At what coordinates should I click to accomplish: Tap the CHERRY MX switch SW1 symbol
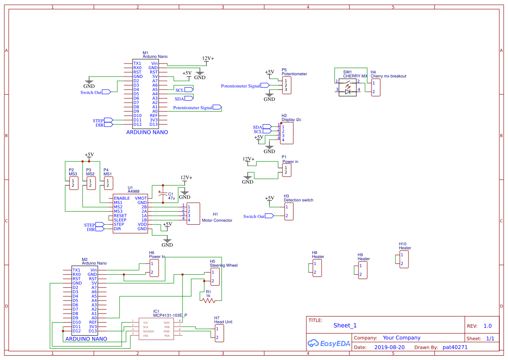(348, 87)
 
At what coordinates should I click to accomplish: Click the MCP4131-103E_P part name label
(170, 316)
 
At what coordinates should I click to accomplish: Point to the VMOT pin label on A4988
(141, 198)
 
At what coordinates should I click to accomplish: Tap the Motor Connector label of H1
(217, 220)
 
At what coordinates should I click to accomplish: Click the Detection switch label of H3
(299, 200)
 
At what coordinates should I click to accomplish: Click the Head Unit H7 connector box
(219, 333)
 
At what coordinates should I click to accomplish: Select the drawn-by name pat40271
(455, 347)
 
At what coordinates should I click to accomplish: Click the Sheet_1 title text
(345, 325)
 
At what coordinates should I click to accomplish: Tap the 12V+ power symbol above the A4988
(186, 178)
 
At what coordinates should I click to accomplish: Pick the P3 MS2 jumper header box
(90, 183)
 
